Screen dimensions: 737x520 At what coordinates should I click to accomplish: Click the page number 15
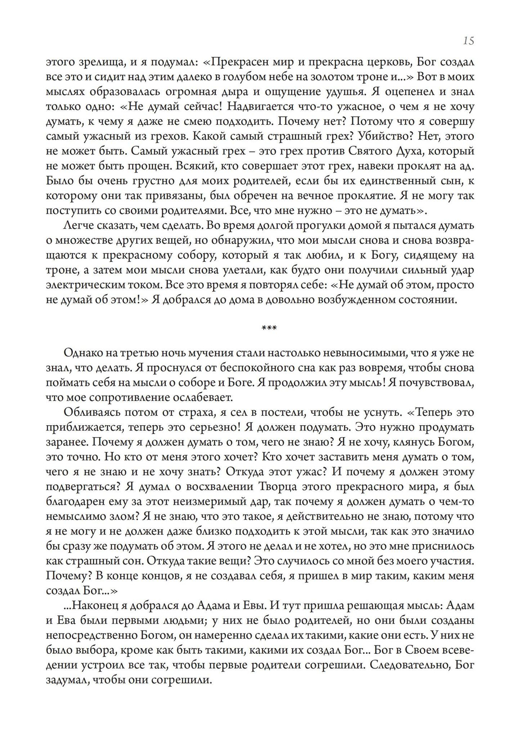(x=467, y=41)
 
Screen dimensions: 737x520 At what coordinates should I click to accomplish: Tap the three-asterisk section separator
(x=269, y=328)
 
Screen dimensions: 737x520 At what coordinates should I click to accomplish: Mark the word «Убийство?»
(x=393, y=136)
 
